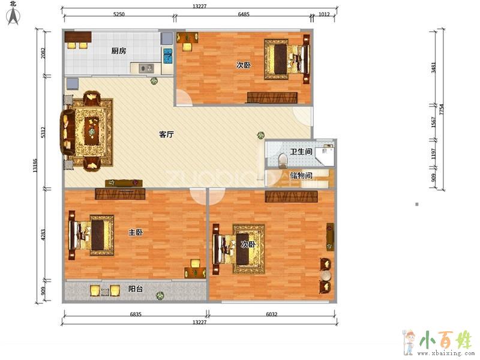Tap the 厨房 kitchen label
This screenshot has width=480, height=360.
point(118,51)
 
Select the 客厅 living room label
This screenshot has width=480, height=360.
point(167,134)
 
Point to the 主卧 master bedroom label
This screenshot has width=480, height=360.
point(136,233)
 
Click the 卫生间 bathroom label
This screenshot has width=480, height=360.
point(301,152)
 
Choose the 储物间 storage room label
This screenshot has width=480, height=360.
point(301,176)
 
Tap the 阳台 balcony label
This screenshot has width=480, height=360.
point(136,289)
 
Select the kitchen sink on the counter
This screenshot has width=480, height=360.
point(146,68)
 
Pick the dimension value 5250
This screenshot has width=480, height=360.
point(119,14)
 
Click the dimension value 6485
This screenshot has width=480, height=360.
point(244,14)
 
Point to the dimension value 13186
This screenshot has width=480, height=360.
point(35,166)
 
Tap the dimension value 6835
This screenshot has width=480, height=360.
point(136,314)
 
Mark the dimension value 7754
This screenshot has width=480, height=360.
point(442,110)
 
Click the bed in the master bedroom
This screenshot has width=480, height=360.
point(91,235)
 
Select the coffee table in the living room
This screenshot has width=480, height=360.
point(92,131)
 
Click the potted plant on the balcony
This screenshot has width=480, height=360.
point(160,296)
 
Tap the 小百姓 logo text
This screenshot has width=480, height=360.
point(445,340)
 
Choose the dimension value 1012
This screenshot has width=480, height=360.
point(324,14)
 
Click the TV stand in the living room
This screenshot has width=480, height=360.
point(124,183)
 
